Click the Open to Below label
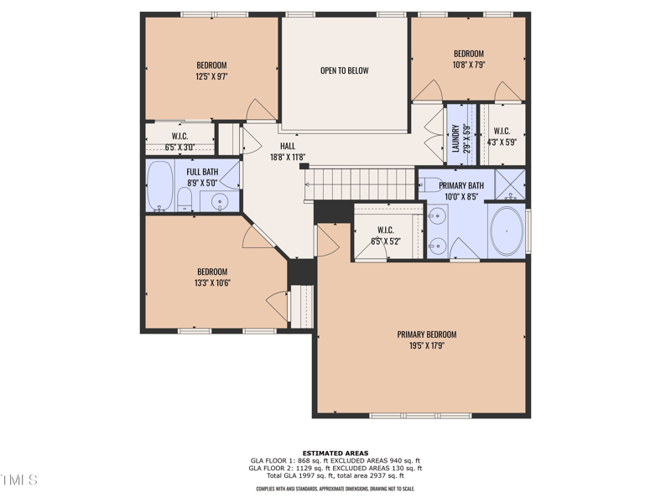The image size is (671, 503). pos(345,70)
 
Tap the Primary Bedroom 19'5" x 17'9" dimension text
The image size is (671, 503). pos(427,345)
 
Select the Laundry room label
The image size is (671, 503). pos(455,138)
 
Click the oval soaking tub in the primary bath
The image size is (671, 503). pos(507,231)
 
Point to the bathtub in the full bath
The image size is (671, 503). pos(160,185)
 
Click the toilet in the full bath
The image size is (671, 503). pos(185,200)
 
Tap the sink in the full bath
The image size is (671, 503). pos(220,201)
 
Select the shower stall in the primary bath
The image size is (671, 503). pos(510,184)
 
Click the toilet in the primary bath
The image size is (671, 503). pos(431,184)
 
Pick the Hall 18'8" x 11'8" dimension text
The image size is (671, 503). pos(288,158)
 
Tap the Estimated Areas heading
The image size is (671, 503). pos(335,454)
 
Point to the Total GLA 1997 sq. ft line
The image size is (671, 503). pos(335,475)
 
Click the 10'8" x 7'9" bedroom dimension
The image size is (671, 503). pos(469,65)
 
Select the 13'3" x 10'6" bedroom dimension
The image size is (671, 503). pos(212,283)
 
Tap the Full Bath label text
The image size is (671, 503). pos(202,172)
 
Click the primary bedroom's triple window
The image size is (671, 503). pos(421,415)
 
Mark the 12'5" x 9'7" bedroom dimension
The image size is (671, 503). pos(211,77)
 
